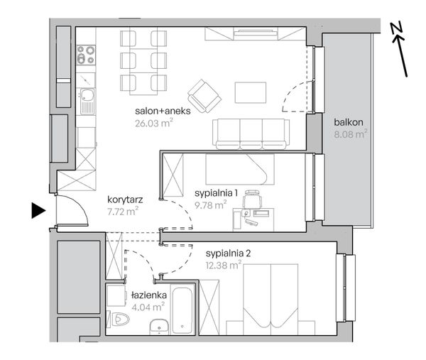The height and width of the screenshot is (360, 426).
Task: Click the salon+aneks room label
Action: coord(163,111)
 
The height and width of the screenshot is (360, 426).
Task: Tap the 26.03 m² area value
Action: coord(154,123)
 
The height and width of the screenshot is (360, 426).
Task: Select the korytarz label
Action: coord(125,200)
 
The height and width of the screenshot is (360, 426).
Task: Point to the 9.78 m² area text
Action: coord(211,204)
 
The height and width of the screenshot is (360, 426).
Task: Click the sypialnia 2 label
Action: coord(228,253)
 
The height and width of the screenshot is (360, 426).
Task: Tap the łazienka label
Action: coord(149,295)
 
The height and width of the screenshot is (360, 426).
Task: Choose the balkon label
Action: coord(349,122)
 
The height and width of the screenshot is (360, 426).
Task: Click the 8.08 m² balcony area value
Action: coord(351,134)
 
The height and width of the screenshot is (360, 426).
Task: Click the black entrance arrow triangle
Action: coord(38,211)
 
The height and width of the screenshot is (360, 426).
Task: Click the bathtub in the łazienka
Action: coord(182,308)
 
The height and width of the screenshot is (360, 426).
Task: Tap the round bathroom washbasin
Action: coord(159,327)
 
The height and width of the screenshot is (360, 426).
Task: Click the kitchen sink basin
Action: coord(87,95)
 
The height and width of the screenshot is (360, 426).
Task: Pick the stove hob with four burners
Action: coord(86,55)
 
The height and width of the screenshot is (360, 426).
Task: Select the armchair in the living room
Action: coord(204,96)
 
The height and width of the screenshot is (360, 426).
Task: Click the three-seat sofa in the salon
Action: coord(251,134)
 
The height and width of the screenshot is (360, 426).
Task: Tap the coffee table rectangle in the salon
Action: coord(251,92)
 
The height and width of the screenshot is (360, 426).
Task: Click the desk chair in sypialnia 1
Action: coord(253,199)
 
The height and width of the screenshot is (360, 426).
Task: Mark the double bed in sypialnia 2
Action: coord(271,299)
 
